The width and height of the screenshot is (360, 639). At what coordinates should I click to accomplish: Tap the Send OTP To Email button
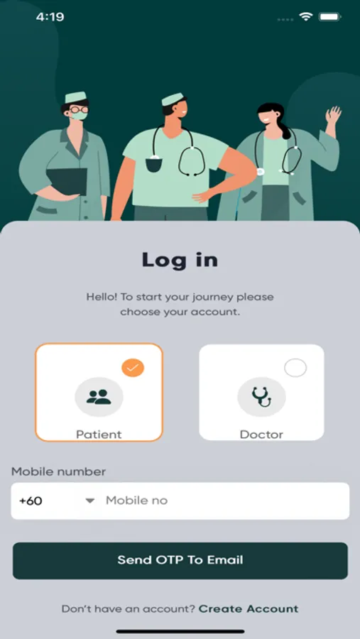tap(180, 560)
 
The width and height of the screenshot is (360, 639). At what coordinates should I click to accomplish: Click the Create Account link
tap(249, 609)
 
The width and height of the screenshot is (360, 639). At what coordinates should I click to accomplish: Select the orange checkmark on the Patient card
tap(133, 368)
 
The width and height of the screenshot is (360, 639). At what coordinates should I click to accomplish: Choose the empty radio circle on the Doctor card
tap(295, 368)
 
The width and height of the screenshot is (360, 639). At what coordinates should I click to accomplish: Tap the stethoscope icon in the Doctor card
tap(261, 397)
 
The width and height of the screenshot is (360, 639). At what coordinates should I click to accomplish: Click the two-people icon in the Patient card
tap(99, 397)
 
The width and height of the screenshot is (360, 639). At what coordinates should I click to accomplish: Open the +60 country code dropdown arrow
tap(90, 501)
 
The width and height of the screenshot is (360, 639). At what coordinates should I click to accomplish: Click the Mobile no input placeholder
tap(136, 501)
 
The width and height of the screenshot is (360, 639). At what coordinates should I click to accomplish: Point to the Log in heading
tap(180, 260)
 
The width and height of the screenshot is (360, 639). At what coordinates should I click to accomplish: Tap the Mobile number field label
tap(58, 471)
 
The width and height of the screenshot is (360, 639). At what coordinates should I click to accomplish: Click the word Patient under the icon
tap(99, 435)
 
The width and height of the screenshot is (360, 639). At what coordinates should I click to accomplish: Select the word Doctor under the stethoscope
tap(261, 435)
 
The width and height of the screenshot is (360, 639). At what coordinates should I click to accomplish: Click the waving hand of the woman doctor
tap(333, 115)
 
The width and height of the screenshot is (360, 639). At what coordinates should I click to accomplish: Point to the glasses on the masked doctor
tap(78, 109)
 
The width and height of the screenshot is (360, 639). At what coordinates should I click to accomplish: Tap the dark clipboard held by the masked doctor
tap(67, 181)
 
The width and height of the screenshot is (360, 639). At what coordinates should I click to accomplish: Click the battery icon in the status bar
tap(330, 17)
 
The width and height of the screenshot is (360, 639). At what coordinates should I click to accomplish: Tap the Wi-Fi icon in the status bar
tap(305, 17)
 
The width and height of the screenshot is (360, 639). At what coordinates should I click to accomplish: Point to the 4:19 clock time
tap(50, 17)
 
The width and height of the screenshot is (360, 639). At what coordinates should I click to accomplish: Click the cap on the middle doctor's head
tap(172, 99)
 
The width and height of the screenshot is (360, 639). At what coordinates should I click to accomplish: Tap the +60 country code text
tap(31, 501)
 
